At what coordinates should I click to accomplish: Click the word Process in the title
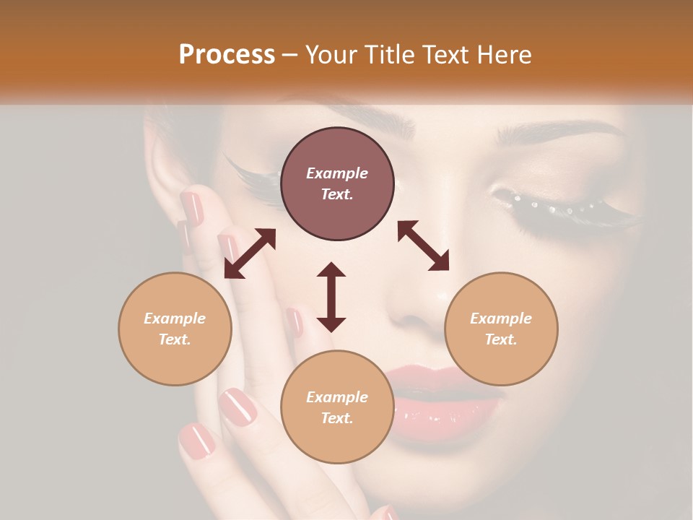click(227, 55)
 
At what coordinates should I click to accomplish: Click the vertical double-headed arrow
click(331, 297)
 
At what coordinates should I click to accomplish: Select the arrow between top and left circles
click(250, 253)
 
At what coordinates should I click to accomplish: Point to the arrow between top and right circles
click(423, 246)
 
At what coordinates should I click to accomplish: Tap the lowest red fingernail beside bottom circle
click(196, 441)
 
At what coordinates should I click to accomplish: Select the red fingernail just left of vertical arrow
click(295, 321)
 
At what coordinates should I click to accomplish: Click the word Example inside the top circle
click(337, 173)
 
